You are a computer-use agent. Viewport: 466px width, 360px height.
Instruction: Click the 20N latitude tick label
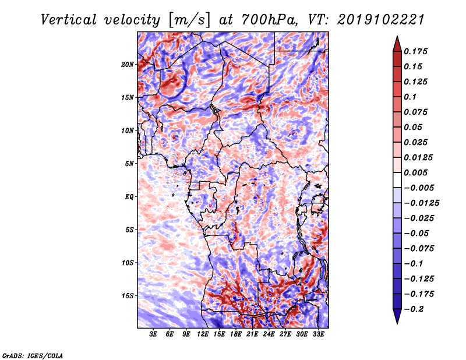(x=128, y=64)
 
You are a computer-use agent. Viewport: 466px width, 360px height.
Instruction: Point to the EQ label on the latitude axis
(x=129, y=197)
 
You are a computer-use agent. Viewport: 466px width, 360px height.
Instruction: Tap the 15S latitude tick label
(x=128, y=296)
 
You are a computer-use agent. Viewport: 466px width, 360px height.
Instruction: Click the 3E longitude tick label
(x=154, y=334)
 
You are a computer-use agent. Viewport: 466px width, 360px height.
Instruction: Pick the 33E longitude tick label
(x=319, y=334)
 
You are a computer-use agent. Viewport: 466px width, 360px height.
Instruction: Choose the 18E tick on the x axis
(x=236, y=334)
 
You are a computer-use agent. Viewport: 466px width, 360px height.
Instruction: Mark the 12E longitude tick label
(x=203, y=334)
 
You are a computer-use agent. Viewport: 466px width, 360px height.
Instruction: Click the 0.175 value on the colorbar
(x=418, y=51)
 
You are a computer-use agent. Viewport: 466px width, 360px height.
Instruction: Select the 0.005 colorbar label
(x=418, y=172)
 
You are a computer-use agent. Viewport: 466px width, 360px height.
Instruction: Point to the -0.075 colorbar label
(x=420, y=248)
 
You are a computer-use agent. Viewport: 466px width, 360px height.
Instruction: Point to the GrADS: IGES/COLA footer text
(x=32, y=355)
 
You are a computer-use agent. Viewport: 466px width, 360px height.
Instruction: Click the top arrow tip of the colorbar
(x=397, y=38)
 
